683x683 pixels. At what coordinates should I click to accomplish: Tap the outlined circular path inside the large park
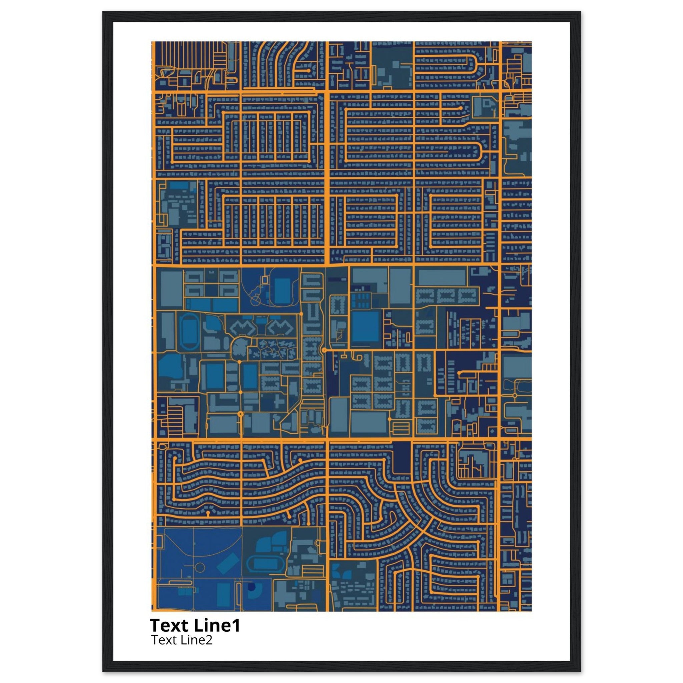click(200, 568)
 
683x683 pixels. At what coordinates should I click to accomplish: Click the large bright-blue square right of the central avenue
click(365, 326)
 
